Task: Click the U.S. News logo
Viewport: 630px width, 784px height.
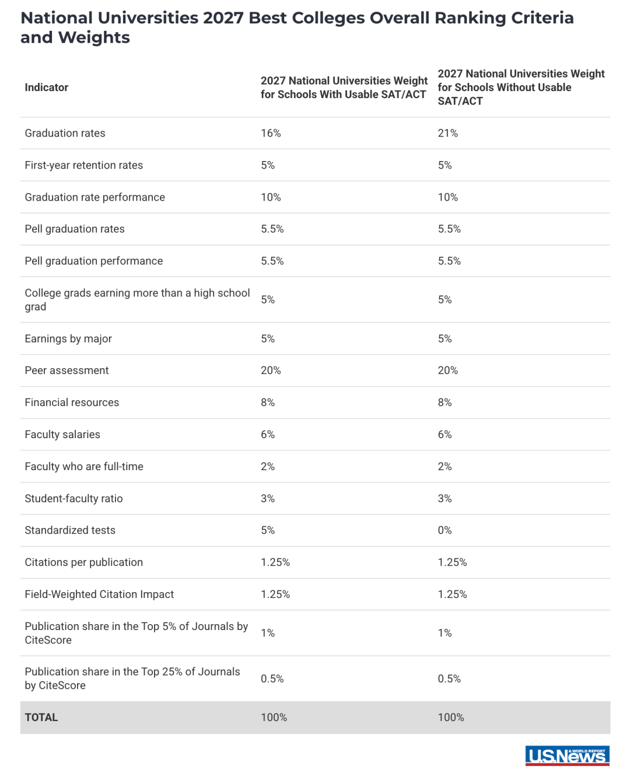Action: tap(567, 756)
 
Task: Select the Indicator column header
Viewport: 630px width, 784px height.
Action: tap(46, 87)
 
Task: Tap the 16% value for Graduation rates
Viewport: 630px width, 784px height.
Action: tap(271, 133)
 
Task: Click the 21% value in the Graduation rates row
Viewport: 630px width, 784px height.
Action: tap(448, 133)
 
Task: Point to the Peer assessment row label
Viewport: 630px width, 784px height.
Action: tap(66, 370)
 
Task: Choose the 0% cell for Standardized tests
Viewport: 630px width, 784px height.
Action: tap(444, 530)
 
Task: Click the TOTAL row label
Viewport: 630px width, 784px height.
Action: tap(41, 717)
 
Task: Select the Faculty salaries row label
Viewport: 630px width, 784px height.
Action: tap(62, 434)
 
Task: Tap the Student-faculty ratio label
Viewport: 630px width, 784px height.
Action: tap(73, 498)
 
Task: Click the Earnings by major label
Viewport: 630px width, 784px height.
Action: tap(68, 339)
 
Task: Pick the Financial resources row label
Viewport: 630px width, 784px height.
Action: tap(72, 402)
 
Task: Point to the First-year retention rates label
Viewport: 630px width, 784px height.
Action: tap(84, 165)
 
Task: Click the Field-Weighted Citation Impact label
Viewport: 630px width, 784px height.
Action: tap(99, 594)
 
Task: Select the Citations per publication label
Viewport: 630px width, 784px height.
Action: tap(84, 562)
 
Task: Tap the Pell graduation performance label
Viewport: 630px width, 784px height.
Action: tap(94, 261)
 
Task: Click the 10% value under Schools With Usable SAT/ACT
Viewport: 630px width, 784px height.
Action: tap(271, 197)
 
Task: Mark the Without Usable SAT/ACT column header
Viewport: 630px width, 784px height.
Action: tap(521, 87)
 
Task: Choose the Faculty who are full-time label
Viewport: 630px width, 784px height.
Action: tap(84, 466)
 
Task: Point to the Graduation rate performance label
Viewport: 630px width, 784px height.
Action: tap(94, 197)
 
